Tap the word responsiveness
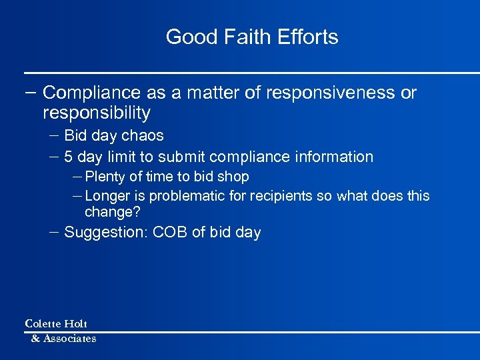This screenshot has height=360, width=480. coord(330,93)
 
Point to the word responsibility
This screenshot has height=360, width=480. coord(96,113)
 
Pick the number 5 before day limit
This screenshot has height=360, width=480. coord(69,157)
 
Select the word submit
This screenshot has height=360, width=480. coord(181,157)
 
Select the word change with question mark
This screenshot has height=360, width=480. coord(111,213)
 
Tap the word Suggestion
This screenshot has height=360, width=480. coord(106,233)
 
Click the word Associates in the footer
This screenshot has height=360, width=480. coord(69,339)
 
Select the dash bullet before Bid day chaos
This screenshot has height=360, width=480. coord(53,135)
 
